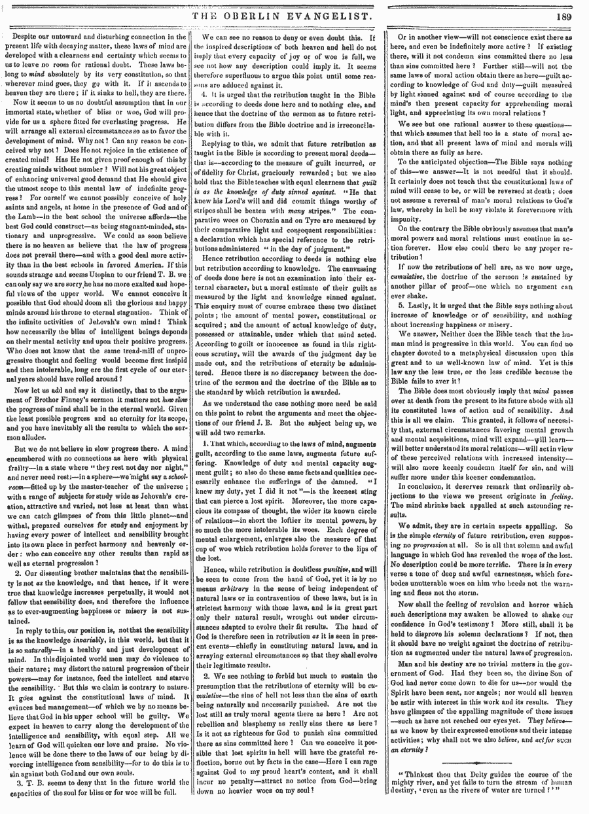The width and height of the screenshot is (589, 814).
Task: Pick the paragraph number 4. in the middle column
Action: point(205,94)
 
